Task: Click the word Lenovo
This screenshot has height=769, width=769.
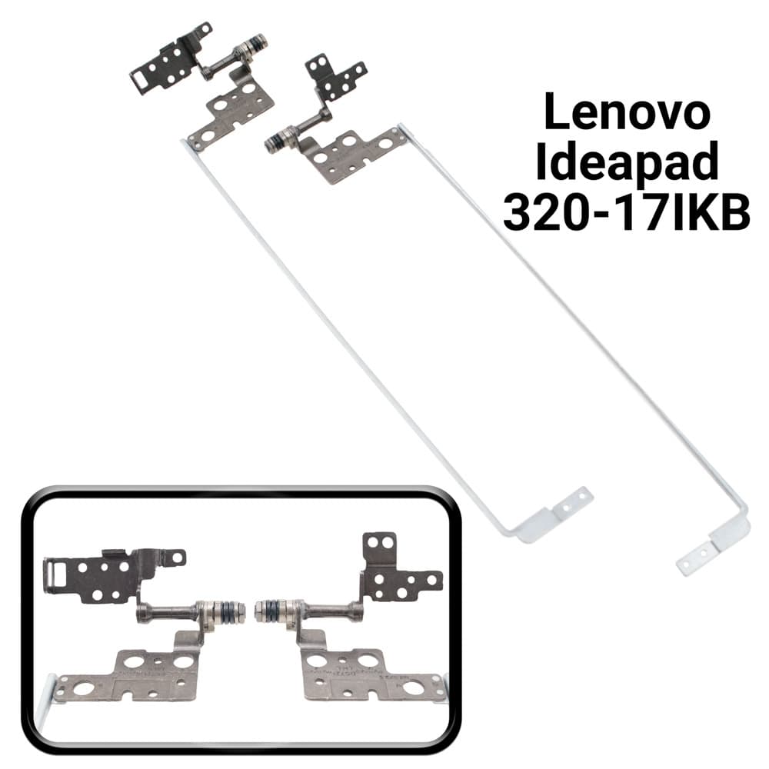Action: [x=628, y=112]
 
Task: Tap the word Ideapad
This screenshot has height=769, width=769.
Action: [x=628, y=161]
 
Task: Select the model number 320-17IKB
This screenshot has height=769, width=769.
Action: [x=626, y=211]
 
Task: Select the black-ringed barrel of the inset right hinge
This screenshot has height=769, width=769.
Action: [x=278, y=611]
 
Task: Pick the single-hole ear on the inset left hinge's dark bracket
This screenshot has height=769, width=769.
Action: [x=177, y=556]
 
